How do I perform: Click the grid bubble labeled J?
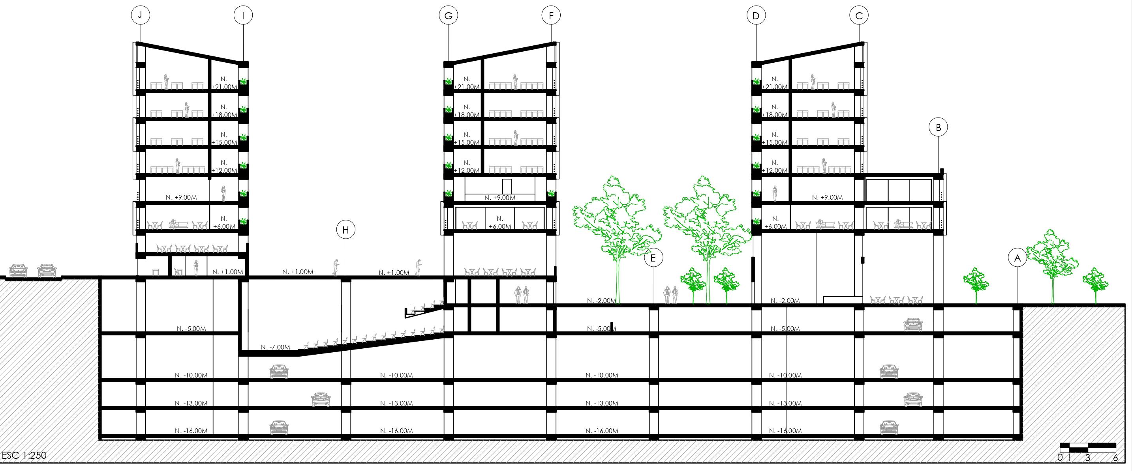coord(140,15)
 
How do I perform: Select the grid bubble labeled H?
coord(346,230)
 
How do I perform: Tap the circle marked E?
coord(653,258)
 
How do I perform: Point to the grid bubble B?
coord(938,128)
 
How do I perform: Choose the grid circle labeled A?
coord(1018,258)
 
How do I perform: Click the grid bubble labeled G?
coord(448,16)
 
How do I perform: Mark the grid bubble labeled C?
coord(859,16)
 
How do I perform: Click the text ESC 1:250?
coord(24,456)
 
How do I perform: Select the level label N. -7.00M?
coord(276,347)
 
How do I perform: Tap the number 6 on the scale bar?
coord(1115,458)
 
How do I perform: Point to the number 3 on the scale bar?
coord(1088,458)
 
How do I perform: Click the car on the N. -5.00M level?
coord(913,325)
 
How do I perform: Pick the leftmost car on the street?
coord(19,271)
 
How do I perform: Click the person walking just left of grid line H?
coord(336,268)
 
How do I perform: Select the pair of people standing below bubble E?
coord(670,295)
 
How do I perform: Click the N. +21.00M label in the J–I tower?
coord(224,83)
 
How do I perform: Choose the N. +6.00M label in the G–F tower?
coord(499,222)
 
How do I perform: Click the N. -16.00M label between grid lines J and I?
coord(191,431)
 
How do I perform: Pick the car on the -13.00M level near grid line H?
coord(321,400)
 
